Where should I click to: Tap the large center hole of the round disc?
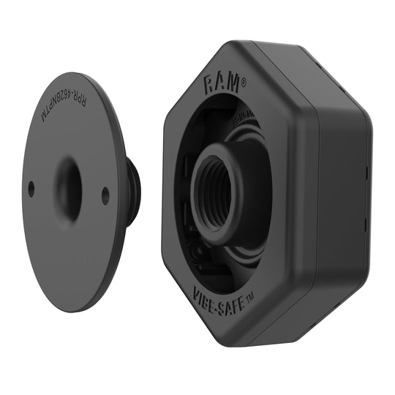pos(68,188)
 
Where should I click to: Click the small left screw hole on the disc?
pos(31,189)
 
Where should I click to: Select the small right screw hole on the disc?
pos(105,196)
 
